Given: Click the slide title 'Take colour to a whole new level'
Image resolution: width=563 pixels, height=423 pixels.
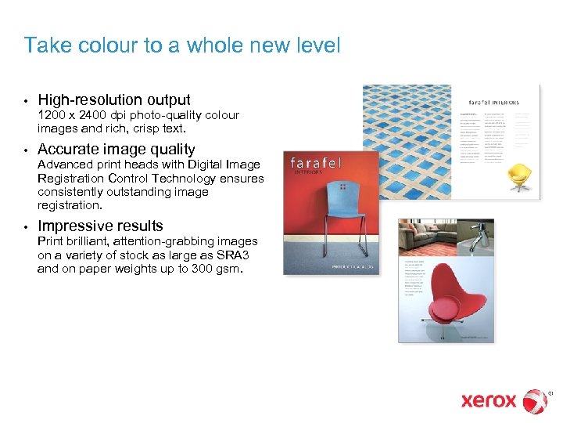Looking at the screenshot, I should [182, 45].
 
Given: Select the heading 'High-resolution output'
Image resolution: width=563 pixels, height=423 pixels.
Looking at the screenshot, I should [114, 99].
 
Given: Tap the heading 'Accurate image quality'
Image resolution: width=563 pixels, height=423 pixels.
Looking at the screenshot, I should [117, 149].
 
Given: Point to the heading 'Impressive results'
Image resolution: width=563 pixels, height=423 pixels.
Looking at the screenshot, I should [100, 226].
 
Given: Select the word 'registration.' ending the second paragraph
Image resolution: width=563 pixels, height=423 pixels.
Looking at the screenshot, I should [70, 206].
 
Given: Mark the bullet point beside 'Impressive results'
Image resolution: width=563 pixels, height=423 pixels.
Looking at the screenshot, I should [26, 227].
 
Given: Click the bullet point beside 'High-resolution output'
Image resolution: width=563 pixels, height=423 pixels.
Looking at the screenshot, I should [26, 101].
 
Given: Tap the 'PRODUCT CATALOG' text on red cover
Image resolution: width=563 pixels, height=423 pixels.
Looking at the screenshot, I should [353, 267].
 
